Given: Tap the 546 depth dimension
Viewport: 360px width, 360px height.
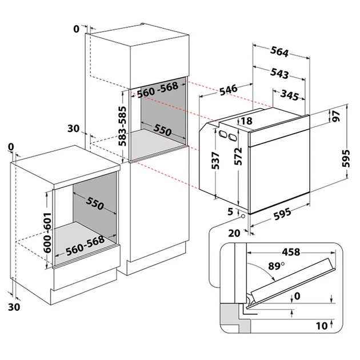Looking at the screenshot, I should coord(228,90).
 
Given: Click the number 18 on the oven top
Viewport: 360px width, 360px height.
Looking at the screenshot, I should coord(246,121).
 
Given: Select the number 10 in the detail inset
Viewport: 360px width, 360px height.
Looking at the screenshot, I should coord(321,326).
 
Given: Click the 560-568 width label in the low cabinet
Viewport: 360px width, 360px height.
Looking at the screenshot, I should coord(85,245).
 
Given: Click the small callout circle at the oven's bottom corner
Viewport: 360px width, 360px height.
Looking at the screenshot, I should coord(244,216).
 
